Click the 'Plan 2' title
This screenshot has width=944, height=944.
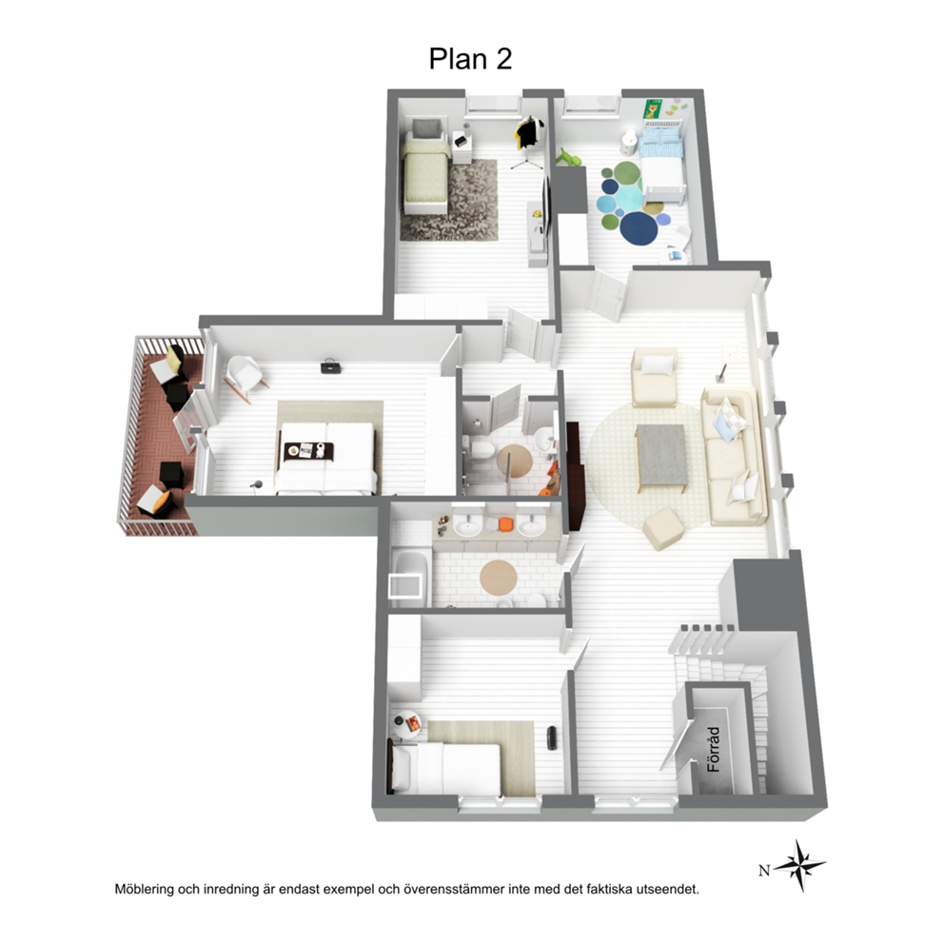470,59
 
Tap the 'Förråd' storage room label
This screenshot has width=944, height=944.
714,750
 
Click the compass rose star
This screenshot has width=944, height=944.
800,866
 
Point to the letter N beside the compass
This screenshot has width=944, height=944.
764,871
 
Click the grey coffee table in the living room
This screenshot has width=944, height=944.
662,455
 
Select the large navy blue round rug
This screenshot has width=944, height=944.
640,227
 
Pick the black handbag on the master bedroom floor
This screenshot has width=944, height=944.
330,366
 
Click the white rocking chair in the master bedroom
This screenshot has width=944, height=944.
246,376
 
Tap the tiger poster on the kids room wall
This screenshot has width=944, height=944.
652,109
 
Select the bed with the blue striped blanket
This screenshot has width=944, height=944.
661,160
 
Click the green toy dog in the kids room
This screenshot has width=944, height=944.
571,157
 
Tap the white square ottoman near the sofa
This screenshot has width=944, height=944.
663,528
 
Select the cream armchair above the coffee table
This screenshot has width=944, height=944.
655,376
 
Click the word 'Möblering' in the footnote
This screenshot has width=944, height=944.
145,889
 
